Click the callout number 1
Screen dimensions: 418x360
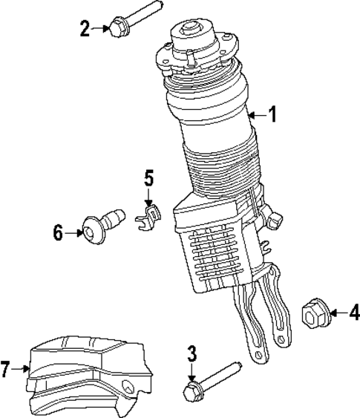tap(272, 114)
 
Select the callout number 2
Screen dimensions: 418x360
tap(85, 29)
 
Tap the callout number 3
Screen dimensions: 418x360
tap(192, 353)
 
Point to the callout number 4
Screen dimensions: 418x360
tap(353, 313)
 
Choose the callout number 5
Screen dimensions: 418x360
tap(148, 178)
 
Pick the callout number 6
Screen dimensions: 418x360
tap(59, 233)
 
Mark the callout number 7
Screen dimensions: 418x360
tap(6, 368)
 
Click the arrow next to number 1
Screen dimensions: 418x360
tap(257, 114)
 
